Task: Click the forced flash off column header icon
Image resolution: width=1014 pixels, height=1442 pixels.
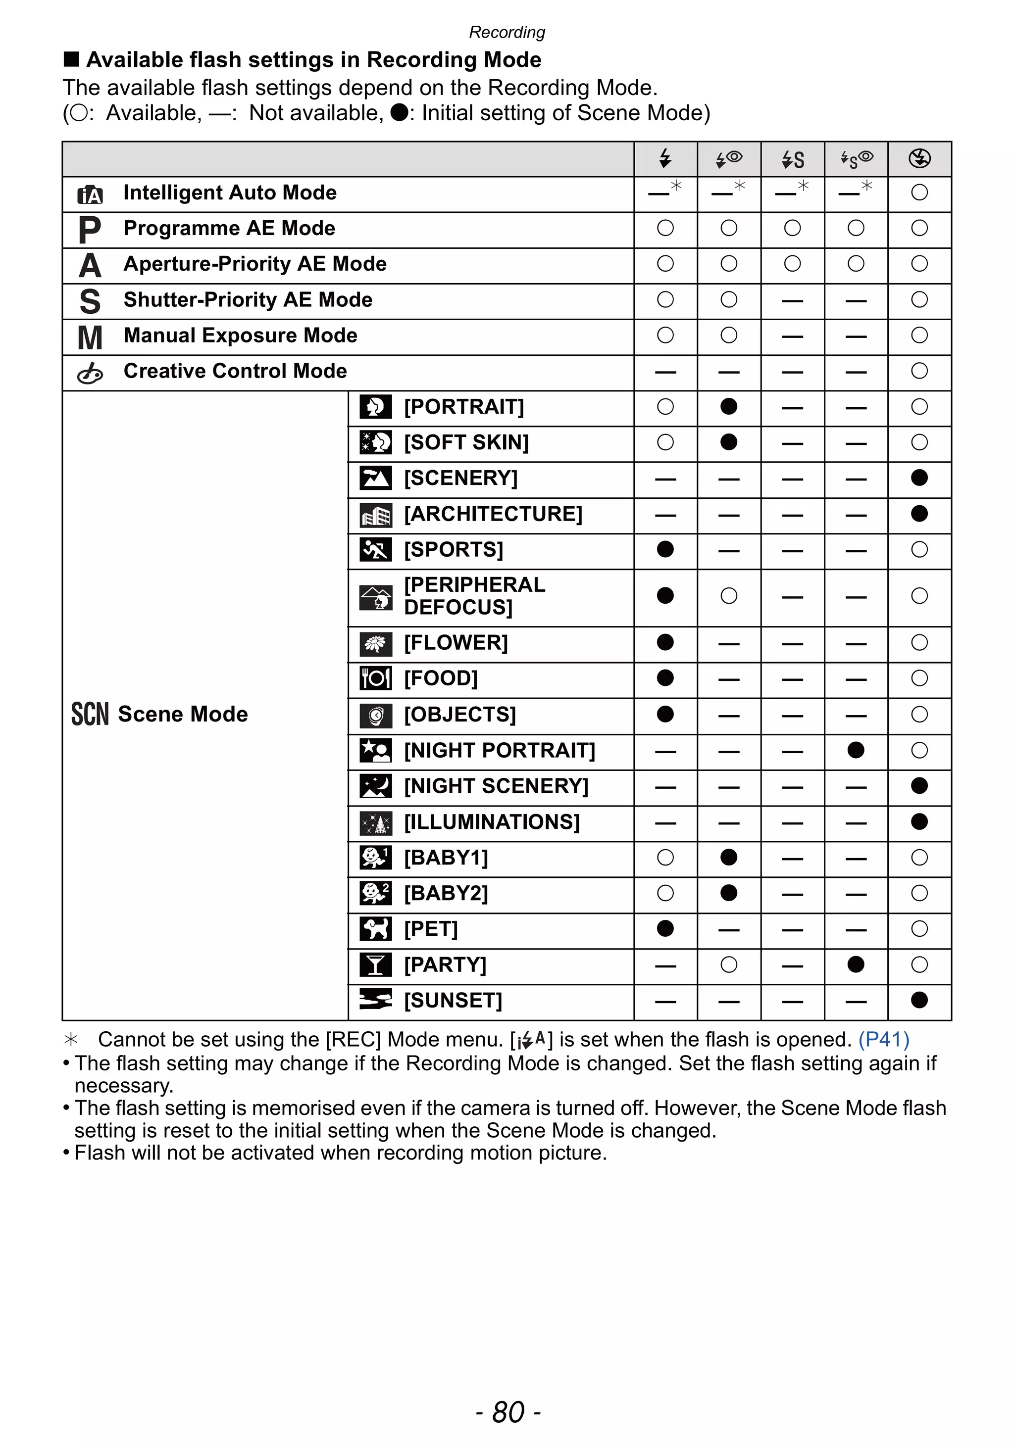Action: [x=919, y=158]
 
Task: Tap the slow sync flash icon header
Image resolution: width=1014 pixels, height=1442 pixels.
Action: [x=792, y=159]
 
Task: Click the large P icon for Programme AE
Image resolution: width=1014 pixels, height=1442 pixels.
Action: [x=89, y=229]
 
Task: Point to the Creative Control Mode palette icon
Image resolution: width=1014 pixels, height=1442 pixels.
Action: [x=89, y=373]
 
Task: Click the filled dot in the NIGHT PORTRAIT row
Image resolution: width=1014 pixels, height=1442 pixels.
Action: [x=856, y=750]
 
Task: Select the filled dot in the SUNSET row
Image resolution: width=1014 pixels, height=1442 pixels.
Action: [x=919, y=1000]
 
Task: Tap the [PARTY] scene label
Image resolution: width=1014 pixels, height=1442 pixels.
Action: [x=445, y=964]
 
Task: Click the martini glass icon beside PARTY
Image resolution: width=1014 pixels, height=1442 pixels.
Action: [x=375, y=964]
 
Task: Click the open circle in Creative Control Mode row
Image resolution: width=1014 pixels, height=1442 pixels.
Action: [x=919, y=371]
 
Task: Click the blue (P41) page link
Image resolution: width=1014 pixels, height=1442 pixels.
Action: [x=884, y=1039]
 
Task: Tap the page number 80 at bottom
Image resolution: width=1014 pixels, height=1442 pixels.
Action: [x=507, y=1412]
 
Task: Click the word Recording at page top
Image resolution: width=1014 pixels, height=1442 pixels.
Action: [x=507, y=32]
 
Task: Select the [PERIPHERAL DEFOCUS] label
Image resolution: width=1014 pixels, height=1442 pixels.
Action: [x=474, y=595]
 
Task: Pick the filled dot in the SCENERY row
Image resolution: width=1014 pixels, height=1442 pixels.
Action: [x=919, y=478]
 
